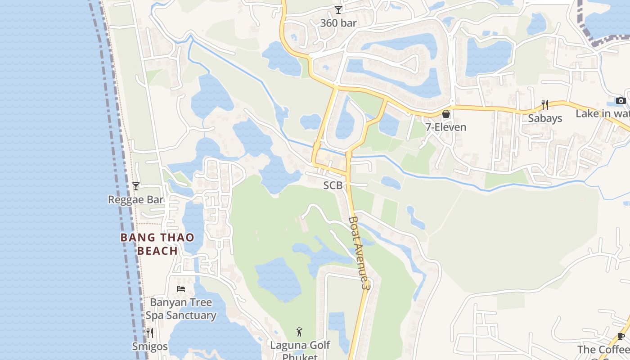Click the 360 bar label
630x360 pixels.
pos(338,23)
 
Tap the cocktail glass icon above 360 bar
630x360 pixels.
pos(338,9)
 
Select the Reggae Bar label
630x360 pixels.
pos(135,199)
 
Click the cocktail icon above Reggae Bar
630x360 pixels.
pos(136,186)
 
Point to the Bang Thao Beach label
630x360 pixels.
pos(157,244)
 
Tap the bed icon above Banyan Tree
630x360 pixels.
pos(181,289)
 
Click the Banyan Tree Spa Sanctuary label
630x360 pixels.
pos(181,309)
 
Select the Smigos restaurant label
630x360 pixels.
pos(150,346)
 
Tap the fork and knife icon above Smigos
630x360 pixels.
pos(150,333)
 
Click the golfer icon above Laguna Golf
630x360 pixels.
pos(300,332)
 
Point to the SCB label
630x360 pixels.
pos(333,185)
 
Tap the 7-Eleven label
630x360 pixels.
pos(446,127)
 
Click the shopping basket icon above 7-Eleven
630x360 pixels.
pos(446,114)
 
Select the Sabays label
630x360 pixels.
pos(545,118)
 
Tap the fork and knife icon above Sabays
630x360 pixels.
pos(545,105)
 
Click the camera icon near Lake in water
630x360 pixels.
pos(621,100)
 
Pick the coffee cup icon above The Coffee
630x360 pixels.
pos(621,336)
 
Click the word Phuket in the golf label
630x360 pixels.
pos(300,357)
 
